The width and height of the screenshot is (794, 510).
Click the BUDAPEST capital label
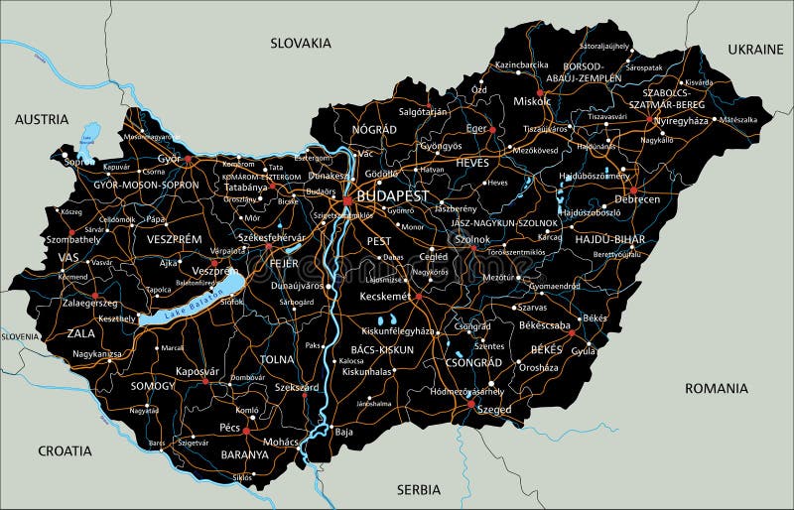[x=393, y=196]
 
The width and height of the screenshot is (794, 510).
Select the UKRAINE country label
[x=754, y=49]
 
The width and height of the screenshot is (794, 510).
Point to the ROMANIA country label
[x=716, y=388]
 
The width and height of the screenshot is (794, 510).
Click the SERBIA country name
[x=418, y=489]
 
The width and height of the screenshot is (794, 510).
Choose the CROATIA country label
[x=65, y=450]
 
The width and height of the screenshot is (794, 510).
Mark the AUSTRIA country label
[x=42, y=119]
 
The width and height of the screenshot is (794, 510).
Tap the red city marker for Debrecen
[x=633, y=190]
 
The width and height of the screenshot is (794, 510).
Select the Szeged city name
[x=492, y=410]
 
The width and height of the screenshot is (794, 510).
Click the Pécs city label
[x=230, y=428]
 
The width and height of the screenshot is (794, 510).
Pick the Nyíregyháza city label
[x=680, y=119]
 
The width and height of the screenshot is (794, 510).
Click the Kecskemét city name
[x=384, y=296]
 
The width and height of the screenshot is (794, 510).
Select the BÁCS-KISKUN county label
[x=382, y=350]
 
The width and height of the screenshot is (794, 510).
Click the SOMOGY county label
[x=152, y=385]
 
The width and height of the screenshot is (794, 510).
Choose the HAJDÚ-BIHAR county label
[x=609, y=239]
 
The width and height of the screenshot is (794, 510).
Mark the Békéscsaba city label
[x=545, y=324]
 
